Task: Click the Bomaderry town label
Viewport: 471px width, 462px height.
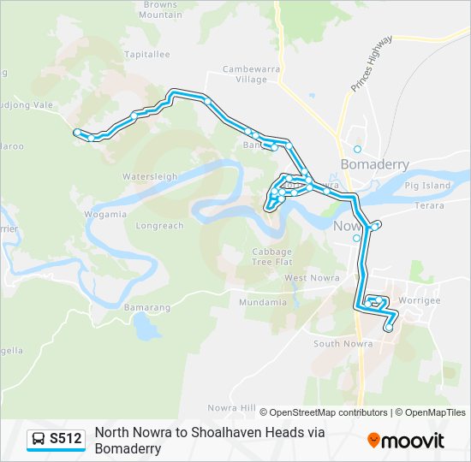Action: tap(374, 164)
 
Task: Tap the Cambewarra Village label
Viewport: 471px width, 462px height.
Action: tap(245, 74)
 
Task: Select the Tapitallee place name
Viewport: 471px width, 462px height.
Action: tap(147, 54)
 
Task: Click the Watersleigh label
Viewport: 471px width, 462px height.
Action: tap(150, 176)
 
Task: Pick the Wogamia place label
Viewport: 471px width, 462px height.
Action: tap(105, 214)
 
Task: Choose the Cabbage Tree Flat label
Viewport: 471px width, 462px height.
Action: tap(272, 257)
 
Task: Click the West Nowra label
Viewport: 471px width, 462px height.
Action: tap(307, 278)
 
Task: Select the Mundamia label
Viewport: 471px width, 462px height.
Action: tap(263, 302)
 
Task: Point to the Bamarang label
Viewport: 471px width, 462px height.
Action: tap(146, 307)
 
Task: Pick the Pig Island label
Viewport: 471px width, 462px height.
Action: tap(427, 185)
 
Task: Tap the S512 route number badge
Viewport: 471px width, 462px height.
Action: tap(57, 439)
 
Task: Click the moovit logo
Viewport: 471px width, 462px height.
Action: tap(406, 440)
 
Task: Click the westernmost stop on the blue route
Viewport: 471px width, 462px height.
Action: tap(77, 132)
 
